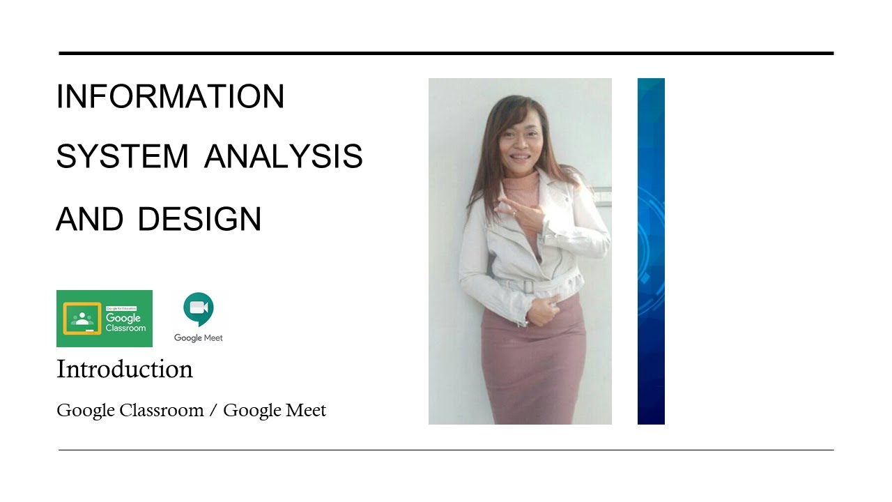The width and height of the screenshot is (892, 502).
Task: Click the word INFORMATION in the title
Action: [x=170, y=96]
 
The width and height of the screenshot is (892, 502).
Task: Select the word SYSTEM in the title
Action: [x=123, y=157]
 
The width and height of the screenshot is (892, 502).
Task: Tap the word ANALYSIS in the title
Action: [x=284, y=157]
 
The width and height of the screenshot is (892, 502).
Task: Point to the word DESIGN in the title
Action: [x=199, y=219]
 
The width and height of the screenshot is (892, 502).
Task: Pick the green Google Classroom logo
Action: [x=105, y=319]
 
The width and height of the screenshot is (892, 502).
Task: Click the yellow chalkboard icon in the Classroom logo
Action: [x=82, y=319]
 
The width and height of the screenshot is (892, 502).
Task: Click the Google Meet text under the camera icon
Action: [x=199, y=338]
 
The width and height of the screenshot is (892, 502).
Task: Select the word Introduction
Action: [x=125, y=369]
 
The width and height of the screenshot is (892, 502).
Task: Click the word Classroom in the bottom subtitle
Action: [x=162, y=411]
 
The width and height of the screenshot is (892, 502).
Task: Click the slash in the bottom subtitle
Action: [x=214, y=411]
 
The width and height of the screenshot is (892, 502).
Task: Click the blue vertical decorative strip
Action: [x=651, y=251]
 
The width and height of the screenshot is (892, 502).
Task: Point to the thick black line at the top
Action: [x=446, y=53]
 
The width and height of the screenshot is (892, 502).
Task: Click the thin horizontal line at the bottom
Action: [x=446, y=450]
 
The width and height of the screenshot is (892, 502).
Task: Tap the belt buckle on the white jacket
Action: [x=528, y=286]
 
